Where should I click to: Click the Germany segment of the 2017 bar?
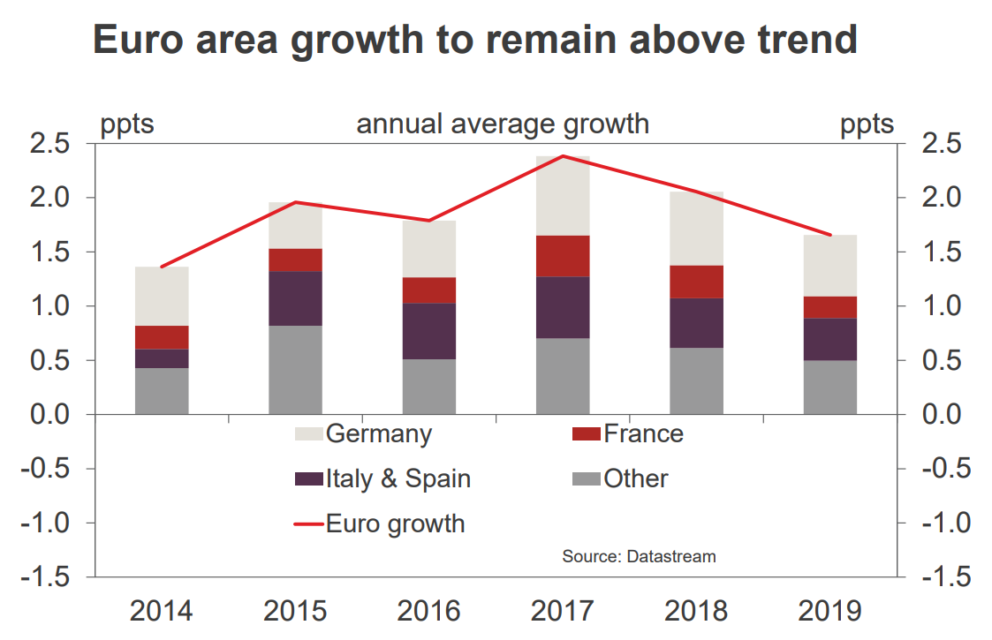(x=563, y=196)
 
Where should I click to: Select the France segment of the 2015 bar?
(x=295, y=260)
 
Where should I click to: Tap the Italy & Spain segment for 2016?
(x=429, y=331)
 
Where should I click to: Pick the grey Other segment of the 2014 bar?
(x=162, y=391)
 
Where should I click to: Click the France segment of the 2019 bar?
(x=830, y=307)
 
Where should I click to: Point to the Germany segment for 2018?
(x=697, y=229)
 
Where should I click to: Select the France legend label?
(x=643, y=434)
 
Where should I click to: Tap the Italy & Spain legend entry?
(x=398, y=479)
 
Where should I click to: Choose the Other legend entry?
(x=635, y=479)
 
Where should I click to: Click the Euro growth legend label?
(x=395, y=523)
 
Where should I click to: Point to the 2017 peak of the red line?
(x=563, y=156)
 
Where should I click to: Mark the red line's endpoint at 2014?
(x=162, y=267)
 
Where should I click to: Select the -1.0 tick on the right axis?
(x=943, y=523)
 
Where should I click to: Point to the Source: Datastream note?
(x=639, y=557)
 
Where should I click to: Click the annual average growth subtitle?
(x=503, y=124)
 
